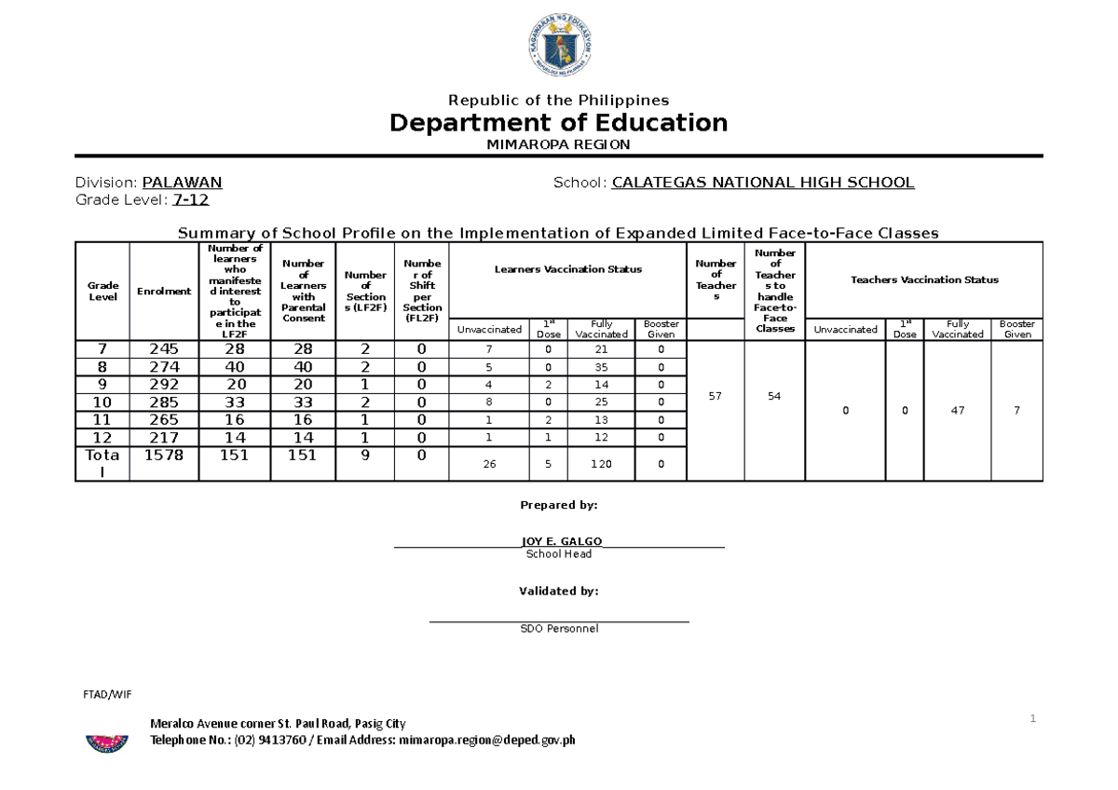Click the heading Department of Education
(x=558, y=123)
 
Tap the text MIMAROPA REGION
(x=558, y=144)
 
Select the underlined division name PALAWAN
(x=182, y=183)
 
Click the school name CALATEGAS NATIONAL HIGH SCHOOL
(x=763, y=183)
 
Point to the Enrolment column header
(x=164, y=291)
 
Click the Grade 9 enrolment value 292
(x=164, y=384)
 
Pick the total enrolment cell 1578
(x=164, y=456)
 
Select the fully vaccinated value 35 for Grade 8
(x=601, y=367)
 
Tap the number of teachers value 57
(x=715, y=397)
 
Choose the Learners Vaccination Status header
(x=567, y=269)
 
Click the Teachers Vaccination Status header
(x=924, y=279)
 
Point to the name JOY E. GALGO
(x=561, y=541)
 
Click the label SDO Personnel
(x=559, y=629)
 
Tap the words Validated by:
(x=558, y=591)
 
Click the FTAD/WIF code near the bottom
(x=109, y=694)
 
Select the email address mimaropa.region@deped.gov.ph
(x=486, y=741)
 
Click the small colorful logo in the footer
(x=106, y=743)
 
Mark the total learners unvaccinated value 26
(x=489, y=464)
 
